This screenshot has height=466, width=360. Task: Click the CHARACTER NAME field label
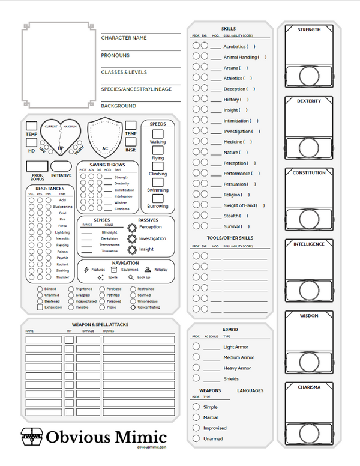(x=124, y=38)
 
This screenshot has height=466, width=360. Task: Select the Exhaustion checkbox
(x=40, y=307)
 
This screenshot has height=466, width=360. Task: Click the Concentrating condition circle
(x=134, y=307)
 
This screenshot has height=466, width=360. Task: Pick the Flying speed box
(x=158, y=150)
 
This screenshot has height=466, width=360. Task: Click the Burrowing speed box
(x=158, y=199)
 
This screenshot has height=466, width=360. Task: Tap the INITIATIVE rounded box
(x=61, y=166)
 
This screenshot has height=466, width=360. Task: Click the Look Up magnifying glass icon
(x=131, y=277)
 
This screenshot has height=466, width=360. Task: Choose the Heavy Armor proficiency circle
(x=196, y=368)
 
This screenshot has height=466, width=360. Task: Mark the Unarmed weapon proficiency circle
(x=196, y=438)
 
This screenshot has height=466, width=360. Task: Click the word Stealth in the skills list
(x=231, y=216)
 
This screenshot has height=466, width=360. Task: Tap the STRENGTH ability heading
(x=309, y=29)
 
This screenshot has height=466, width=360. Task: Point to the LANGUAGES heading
(x=250, y=391)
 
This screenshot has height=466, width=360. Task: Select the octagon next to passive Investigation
(x=132, y=238)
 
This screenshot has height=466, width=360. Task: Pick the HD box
(x=31, y=143)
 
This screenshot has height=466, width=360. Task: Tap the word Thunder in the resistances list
(x=62, y=277)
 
